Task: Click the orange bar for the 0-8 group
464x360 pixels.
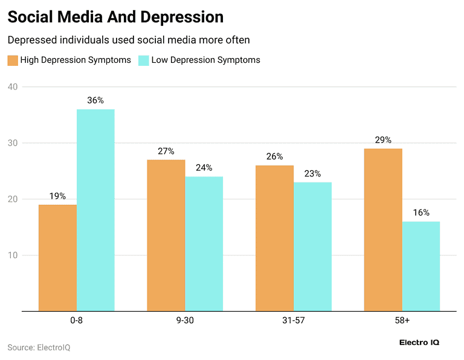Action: (58, 258)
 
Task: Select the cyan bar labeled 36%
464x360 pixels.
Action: (95, 210)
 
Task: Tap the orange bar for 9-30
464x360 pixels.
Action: (166, 236)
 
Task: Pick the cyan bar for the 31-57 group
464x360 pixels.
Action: (312, 246)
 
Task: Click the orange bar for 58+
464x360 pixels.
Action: (383, 230)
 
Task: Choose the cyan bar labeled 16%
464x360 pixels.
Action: (421, 266)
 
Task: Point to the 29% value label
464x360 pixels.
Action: (383, 140)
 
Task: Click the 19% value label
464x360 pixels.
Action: (58, 196)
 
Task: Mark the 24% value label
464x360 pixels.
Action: (204, 167)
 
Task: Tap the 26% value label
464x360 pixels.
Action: (274, 156)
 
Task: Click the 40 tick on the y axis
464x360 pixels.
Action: (13, 87)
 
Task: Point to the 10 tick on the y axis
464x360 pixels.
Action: (13, 256)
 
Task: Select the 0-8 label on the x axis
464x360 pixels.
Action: (76, 320)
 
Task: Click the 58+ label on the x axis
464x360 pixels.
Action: (402, 320)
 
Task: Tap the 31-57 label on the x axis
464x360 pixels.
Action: (293, 320)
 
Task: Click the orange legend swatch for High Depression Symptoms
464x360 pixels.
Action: (13, 60)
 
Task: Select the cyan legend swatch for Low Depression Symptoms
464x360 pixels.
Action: (144, 60)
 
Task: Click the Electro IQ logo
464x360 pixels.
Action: (419, 342)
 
